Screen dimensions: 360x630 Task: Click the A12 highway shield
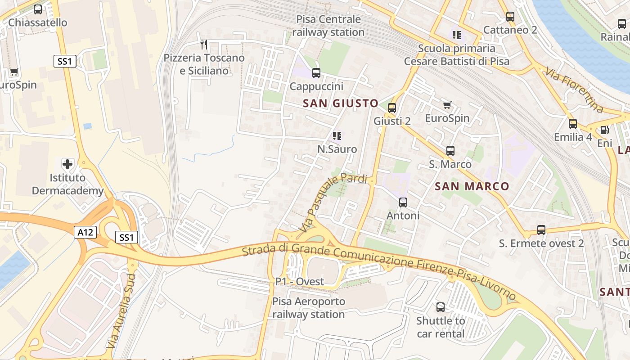click(85, 232)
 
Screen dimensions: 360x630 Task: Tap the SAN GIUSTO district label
click(341, 103)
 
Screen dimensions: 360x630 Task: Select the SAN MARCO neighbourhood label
click(472, 186)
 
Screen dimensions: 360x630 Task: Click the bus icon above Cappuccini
click(316, 72)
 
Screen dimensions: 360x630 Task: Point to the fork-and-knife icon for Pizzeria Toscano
click(204, 44)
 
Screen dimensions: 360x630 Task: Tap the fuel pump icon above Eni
click(605, 130)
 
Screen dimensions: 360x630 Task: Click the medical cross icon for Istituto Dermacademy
click(67, 164)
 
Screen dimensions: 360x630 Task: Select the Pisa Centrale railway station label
click(328, 26)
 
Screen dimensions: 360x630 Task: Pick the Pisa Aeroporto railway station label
click(309, 308)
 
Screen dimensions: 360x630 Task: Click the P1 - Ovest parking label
click(300, 282)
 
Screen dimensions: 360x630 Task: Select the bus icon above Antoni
click(403, 202)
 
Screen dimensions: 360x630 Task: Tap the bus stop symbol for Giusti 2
click(392, 108)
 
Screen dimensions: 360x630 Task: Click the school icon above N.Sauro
click(337, 136)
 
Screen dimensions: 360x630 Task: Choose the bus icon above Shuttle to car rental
click(441, 307)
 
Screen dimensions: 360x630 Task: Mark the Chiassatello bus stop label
click(38, 22)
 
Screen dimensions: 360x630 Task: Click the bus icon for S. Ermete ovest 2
click(541, 230)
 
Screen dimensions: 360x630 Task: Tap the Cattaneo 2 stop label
click(510, 30)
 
